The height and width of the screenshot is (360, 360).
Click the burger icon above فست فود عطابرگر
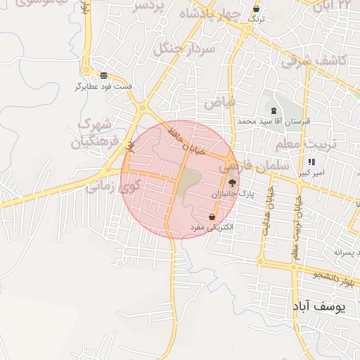[x=104, y=75]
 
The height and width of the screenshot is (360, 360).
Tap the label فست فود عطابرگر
[x=104, y=86]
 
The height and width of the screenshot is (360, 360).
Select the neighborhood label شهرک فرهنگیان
[x=91, y=133]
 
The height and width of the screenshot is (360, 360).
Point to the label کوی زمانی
[x=113, y=187]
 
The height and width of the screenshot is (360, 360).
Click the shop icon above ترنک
[x=256, y=9]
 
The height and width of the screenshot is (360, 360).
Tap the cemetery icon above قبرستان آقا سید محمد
[x=274, y=111]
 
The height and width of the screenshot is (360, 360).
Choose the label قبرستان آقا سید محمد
[x=274, y=121]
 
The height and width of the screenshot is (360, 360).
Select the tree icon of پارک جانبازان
[x=233, y=182]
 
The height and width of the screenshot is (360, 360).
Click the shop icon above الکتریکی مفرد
[x=212, y=217]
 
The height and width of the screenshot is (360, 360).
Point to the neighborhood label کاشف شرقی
[x=314, y=61]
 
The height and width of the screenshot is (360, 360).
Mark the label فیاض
[x=220, y=103]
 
